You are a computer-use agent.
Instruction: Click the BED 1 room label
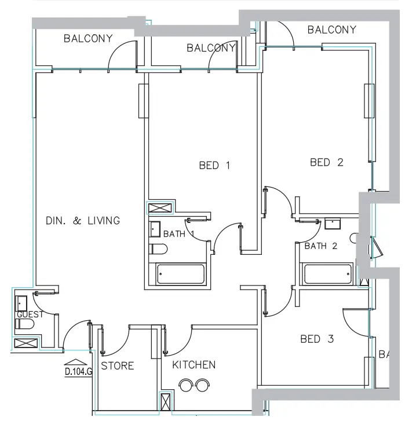point(214,166)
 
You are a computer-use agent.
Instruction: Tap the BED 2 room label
point(326,162)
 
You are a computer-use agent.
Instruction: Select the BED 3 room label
point(317,339)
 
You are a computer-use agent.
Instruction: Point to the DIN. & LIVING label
point(83,221)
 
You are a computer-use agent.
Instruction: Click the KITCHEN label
point(194,365)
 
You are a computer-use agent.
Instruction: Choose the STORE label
point(117,366)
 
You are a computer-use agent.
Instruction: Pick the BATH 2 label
point(320,246)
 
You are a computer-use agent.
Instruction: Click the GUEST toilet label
point(30,314)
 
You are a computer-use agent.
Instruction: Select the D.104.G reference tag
point(78,372)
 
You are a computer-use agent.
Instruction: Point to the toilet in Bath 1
point(158,250)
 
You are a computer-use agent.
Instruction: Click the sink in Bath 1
point(155,229)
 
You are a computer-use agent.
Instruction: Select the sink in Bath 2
point(333,223)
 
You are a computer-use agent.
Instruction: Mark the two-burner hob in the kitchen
point(194,383)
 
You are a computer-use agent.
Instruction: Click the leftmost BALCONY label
point(88,39)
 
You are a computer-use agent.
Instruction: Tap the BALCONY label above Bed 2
point(331,30)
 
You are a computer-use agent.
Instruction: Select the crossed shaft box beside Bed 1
point(160,209)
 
